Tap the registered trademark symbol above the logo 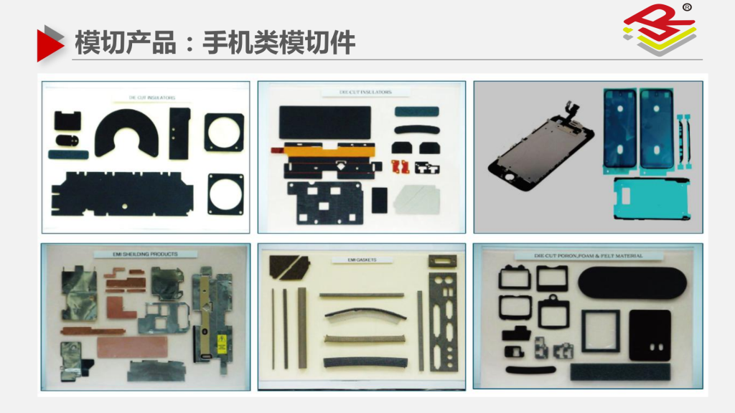pyautogui.click(x=687, y=8)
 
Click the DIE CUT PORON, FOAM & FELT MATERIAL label pyautogui.click(x=578, y=255)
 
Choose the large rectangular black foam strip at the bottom pyautogui.click(x=620, y=371)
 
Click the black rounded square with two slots pyautogui.click(x=650, y=335)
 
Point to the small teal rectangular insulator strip pyautogui.click(x=70, y=153)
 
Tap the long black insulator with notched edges pyautogui.click(x=122, y=195)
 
